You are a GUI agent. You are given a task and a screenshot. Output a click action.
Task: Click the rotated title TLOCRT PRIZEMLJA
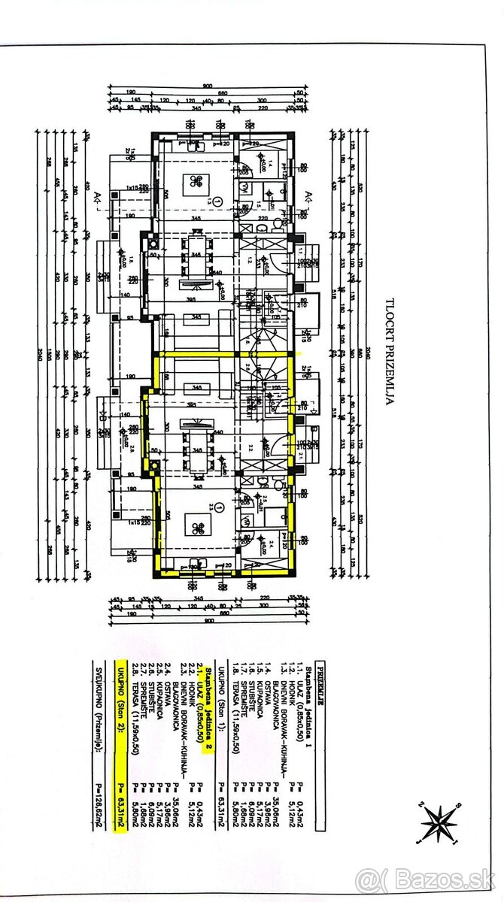[x=390, y=353]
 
